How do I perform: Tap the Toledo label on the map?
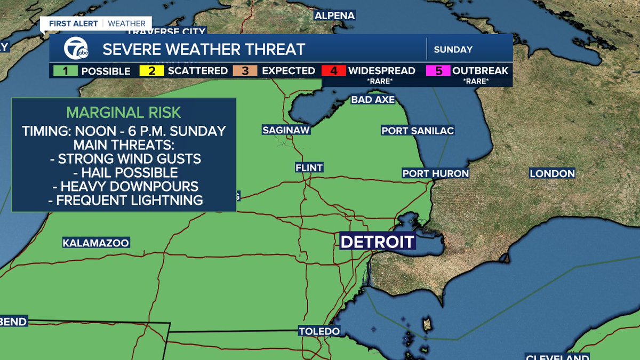click(x=319, y=331)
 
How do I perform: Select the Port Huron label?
click(x=435, y=173)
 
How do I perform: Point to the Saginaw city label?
click(x=286, y=130)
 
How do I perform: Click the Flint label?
click(x=309, y=167)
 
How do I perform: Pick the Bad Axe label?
click(x=373, y=100)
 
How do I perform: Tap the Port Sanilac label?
click(x=418, y=131)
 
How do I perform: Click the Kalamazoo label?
click(x=96, y=243)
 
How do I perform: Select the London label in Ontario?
click(x=552, y=173)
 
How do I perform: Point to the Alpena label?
click(x=334, y=15)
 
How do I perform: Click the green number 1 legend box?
click(x=64, y=70)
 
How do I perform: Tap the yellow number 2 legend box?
click(x=151, y=70)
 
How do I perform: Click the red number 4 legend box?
click(x=333, y=70)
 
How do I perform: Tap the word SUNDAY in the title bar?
click(x=453, y=50)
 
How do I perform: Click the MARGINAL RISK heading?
click(x=124, y=113)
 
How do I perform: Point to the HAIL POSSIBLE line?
click(x=124, y=173)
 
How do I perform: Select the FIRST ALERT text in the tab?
click(x=74, y=23)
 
